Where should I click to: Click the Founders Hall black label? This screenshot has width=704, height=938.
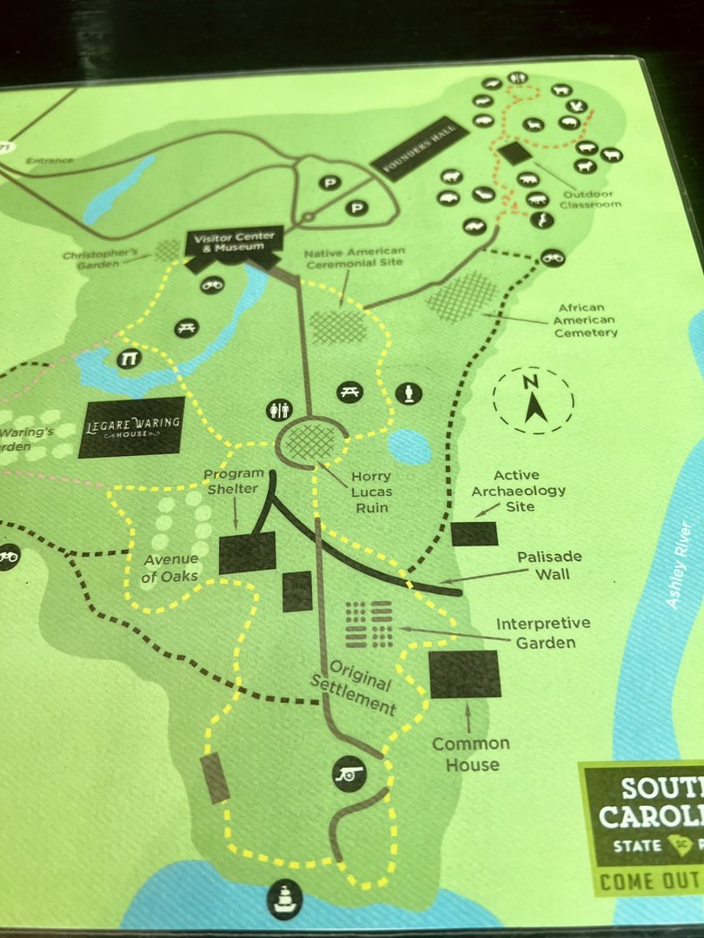click(x=420, y=148)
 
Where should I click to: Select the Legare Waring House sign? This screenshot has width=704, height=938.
click(x=132, y=426)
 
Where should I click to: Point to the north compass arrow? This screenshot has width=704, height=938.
click(x=533, y=401)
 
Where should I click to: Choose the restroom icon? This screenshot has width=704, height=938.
click(x=280, y=410)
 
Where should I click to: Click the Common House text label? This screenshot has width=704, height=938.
click(x=471, y=754)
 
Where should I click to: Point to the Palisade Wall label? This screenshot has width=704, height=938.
click(x=548, y=565)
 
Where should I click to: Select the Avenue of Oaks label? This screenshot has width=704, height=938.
click(x=171, y=566)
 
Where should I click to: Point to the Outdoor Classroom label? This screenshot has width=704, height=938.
click(x=592, y=199)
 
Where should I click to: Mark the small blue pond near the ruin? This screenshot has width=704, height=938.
click(x=408, y=446)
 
